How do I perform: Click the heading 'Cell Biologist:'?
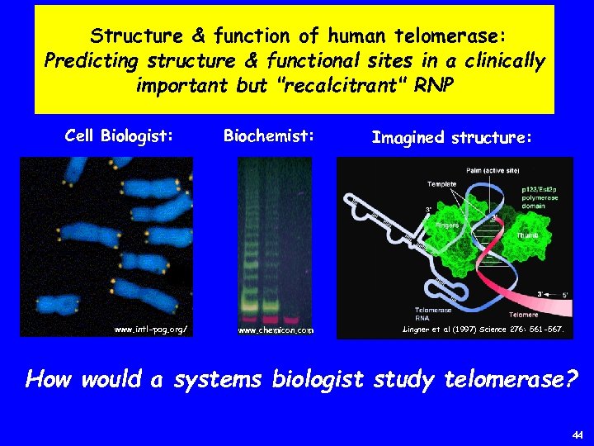coord(119,135)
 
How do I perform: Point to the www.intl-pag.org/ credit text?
coord(150,329)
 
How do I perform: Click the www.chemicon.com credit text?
coord(276,330)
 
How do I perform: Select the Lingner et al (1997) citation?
coord(483,329)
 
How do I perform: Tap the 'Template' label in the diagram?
coord(441,183)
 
